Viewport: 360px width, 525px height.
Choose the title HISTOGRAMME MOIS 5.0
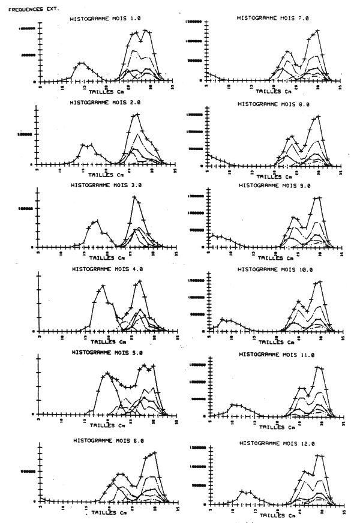point(108,352)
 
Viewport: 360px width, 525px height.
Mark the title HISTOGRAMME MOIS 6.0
point(108,440)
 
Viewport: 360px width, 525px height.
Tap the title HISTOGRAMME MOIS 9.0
point(274,185)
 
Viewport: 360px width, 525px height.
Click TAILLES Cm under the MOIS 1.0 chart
point(109,93)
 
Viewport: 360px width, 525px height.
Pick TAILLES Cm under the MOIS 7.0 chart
point(274,91)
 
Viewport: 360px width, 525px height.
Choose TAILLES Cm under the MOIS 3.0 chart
point(109,259)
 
